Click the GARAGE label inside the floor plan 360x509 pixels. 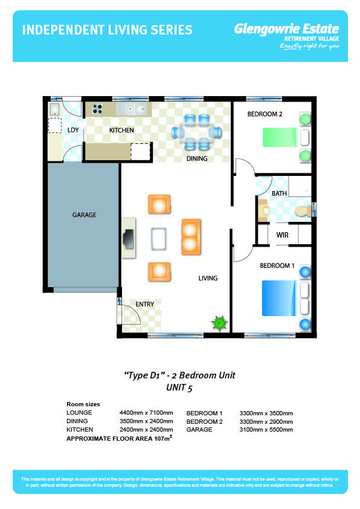85,215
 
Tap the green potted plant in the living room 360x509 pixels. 220,323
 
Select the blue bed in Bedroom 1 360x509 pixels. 279,298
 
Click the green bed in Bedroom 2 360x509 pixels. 280,137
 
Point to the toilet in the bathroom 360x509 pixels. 303,212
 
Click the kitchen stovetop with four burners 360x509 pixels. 97,109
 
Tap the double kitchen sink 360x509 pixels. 132,109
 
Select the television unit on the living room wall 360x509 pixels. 129,239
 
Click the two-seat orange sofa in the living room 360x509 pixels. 191,236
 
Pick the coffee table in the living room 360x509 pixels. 159,239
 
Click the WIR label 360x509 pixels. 283,235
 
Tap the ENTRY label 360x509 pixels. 144,304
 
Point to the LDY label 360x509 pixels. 73,130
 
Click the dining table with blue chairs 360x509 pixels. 197,132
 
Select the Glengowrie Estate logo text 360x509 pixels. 287,29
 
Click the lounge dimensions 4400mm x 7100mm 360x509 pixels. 146,413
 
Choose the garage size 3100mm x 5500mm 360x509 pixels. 266,429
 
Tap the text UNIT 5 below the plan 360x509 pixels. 179,387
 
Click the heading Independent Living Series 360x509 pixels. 108,30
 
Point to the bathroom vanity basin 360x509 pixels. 263,210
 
